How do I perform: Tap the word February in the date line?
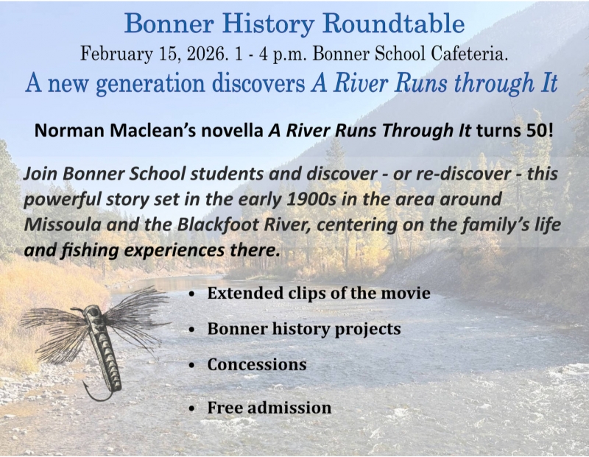(110, 53)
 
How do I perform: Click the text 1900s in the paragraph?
(345, 199)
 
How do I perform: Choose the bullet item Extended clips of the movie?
(319, 293)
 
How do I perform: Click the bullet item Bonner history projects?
(303, 329)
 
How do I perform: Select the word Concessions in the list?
(256, 364)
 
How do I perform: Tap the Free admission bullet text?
(269, 407)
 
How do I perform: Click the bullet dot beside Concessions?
(192, 366)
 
